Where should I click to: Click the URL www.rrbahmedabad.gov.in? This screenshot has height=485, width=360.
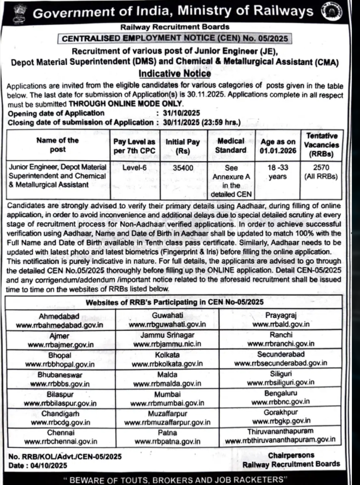[x=59, y=325]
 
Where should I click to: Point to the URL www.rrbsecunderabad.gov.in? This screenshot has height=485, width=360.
[x=280, y=363]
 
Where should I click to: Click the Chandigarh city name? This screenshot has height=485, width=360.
[x=60, y=414]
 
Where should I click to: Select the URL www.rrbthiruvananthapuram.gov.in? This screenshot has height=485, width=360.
[x=280, y=440]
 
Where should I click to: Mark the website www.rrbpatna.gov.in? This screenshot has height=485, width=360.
[x=167, y=441]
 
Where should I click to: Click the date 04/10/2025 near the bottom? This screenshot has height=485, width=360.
[x=47, y=465]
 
